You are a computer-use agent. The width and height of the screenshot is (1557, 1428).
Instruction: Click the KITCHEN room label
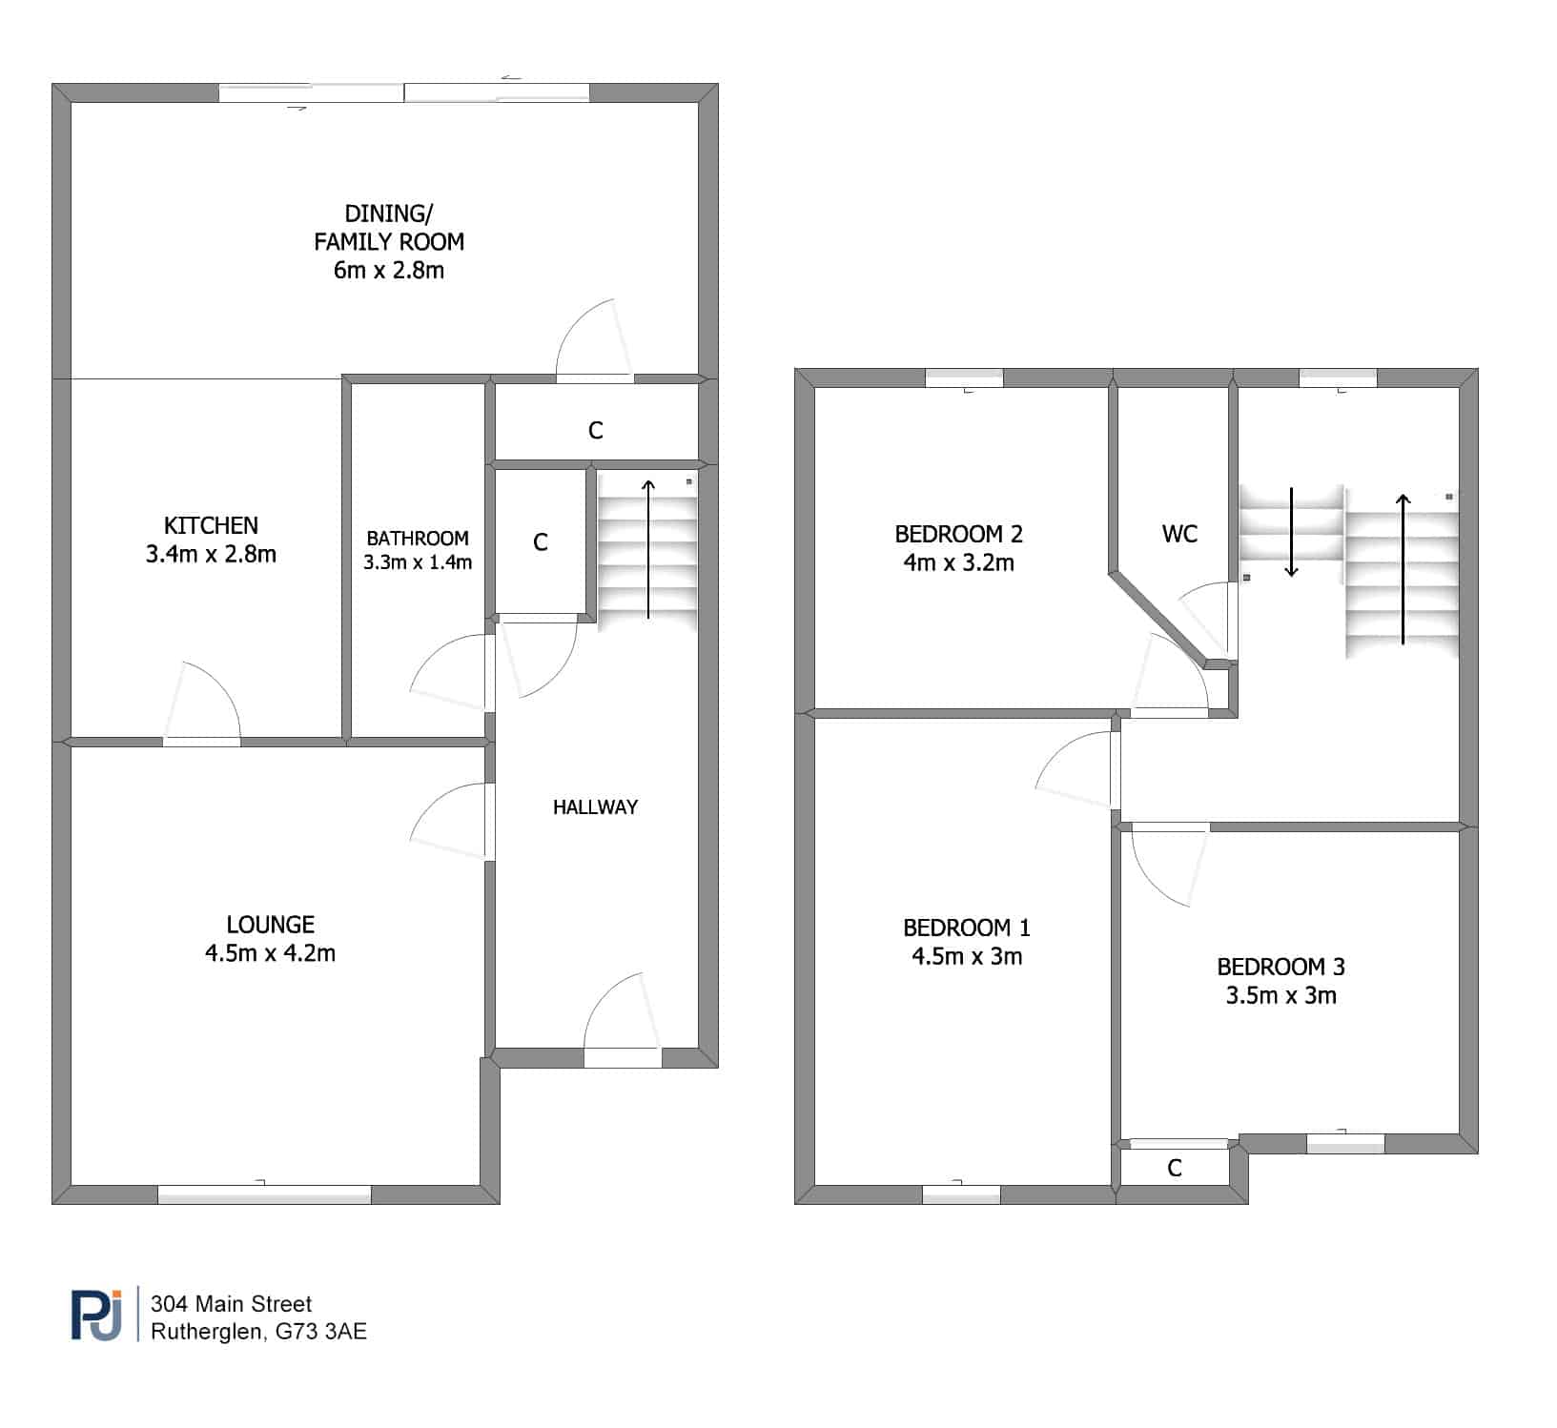coord(211,525)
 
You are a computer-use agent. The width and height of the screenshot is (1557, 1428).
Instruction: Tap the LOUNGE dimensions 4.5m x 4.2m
coord(270,952)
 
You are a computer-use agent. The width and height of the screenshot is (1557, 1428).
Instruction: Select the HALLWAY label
coord(595,807)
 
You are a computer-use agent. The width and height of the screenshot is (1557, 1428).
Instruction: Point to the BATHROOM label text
coord(418,539)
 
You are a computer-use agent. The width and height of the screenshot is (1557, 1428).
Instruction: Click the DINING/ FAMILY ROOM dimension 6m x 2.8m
coord(389,270)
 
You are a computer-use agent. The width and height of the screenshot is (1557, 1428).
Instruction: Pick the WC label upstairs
coord(1179,534)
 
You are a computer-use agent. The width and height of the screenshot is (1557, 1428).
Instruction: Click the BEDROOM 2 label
coord(958,534)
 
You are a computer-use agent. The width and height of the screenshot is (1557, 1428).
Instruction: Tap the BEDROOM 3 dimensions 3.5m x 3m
coord(1280,996)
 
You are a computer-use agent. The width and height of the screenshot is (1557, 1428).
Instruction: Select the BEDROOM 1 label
coord(967,928)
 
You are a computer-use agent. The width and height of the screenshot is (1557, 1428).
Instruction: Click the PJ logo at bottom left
coord(96,1316)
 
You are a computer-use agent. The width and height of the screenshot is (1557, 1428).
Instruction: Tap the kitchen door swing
coord(201,701)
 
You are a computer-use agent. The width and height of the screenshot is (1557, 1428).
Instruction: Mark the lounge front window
coord(264,1193)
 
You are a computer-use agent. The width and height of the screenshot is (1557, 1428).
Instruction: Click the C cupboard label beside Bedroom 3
coord(1175,1168)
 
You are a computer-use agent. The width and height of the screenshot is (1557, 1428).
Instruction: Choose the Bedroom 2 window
coord(964,377)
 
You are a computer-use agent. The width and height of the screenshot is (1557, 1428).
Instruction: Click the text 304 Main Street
coord(232,1304)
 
